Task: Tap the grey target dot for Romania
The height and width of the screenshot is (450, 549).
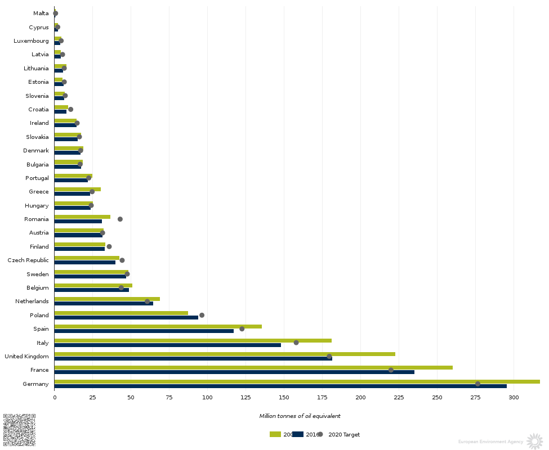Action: pos(120,219)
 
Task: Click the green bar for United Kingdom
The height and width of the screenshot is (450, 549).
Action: pos(225,354)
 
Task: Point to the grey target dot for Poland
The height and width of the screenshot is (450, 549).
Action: pos(202,315)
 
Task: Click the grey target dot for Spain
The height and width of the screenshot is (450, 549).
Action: pos(242,328)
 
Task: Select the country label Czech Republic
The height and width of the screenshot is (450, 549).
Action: pos(28,260)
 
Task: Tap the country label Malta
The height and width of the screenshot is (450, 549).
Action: pos(41,13)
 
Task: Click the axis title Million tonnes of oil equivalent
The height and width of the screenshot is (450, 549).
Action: pos(300,416)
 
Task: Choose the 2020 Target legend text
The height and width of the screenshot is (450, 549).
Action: pos(344,435)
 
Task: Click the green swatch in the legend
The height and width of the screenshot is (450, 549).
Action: pos(275,434)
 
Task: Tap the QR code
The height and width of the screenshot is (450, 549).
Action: pos(19,430)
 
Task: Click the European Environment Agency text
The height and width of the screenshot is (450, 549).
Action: pos(490,442)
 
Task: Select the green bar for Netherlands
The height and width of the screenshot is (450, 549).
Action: pos(107,299)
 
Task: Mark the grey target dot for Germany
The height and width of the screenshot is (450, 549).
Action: pos(478,384)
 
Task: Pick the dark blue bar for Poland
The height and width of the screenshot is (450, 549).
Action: pos(126,317)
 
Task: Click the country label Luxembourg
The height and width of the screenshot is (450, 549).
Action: pos(31,40)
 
